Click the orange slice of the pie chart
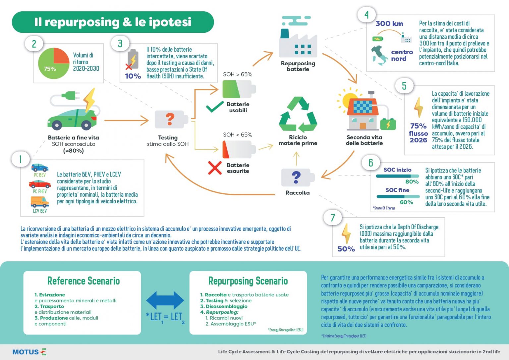tap(61, 56)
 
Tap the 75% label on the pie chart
tap(50, 69)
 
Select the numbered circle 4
tap(366, 15)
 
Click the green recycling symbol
tap(298, 115)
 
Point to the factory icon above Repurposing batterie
tap(298, 37)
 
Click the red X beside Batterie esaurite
tap(215, 168)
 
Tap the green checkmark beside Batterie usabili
tap(214, 107)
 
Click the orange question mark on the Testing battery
tap(170, 119)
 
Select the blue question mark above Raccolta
tap(296, 178)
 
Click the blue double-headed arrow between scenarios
tap(165, 300)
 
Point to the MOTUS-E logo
tap(29, 352)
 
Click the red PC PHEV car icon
tap(40, 184)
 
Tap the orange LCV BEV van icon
tap(40, 202)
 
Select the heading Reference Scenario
tap(84, 281)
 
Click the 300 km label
tap(389, 24)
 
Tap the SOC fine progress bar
tap(398, 196)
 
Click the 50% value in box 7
tap(346, 249)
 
